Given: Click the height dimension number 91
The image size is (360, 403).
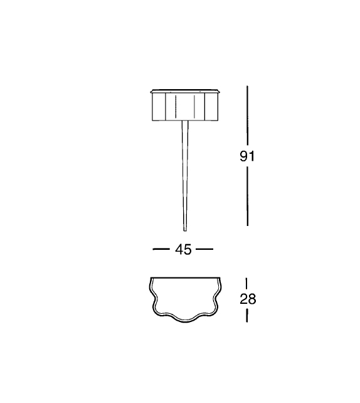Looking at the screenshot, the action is (247, 156).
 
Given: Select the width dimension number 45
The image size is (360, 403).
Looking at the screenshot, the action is (183, 249).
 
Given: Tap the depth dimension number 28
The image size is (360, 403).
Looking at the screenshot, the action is (248, 299).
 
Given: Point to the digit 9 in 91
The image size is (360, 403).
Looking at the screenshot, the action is (244, 156).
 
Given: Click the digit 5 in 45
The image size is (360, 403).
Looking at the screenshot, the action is (188, 249).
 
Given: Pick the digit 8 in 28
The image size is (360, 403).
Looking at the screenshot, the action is (252, 299).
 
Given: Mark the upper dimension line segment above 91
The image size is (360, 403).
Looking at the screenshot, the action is (247, 115).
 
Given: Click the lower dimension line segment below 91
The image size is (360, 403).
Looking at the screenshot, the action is (247, 196).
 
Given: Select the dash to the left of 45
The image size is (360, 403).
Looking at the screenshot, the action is (161, 249).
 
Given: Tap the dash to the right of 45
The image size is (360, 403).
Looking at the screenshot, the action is (204, 249).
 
